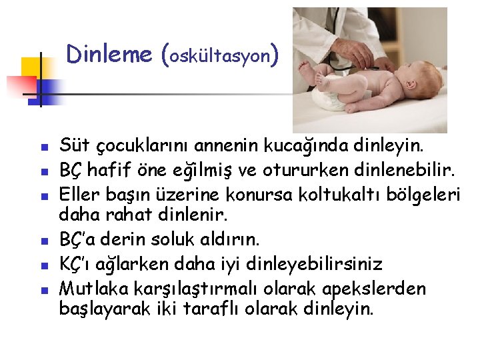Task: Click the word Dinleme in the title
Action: pos(109,54)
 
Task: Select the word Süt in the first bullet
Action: pos(72,145)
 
